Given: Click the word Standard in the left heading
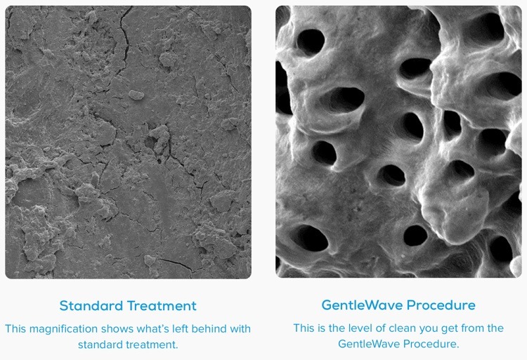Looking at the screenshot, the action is (91, 306).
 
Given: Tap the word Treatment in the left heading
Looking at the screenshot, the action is (162, 306).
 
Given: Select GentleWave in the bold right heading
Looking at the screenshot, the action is (362, 305).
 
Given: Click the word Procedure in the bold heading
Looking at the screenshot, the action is (441, 305).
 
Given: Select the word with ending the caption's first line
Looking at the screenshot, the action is (240, 328).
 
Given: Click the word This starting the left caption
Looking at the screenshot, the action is (15, 328).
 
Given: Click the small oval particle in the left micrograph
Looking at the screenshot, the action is (136, 95).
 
